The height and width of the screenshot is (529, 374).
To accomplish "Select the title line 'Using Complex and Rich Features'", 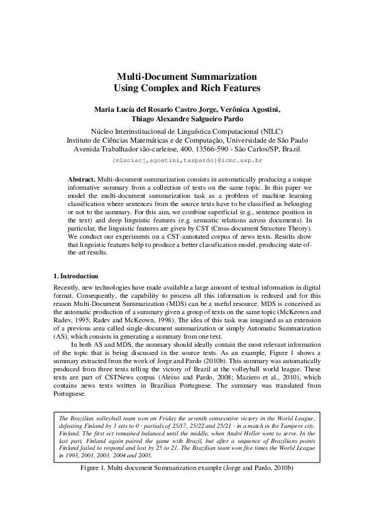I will pyautogui.click(x=187, y=89).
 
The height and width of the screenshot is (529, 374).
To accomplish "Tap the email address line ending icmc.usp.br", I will pyautogui.click(x=187, y=161).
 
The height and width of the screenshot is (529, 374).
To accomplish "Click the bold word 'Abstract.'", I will pyautogui.click(x=82, y=180).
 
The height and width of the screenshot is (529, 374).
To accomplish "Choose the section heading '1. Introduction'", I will pyautogui.click(x=75, y=276).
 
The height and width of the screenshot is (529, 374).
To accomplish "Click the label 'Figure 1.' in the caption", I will pyautogui.click(x=93, y=469).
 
